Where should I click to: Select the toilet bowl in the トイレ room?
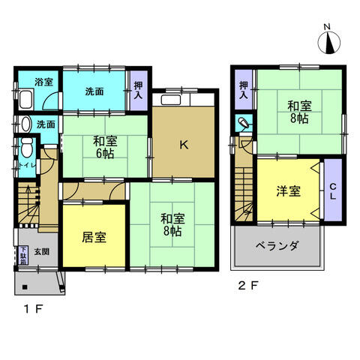tap(25, 146)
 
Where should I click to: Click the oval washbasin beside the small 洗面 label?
tap(25, 124)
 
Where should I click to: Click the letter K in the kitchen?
tap(183, 147)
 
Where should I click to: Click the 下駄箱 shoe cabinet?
tap(22, 257)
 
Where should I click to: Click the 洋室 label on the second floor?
tap(289, 191)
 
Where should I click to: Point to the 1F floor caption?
tap(31, 308)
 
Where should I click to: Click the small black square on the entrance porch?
tap(24, 286)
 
